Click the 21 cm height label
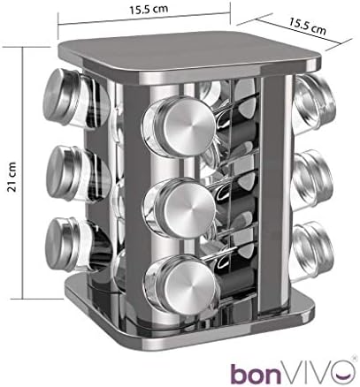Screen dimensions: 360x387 11,177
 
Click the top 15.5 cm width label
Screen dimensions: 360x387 149,9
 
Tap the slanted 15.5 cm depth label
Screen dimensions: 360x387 307,26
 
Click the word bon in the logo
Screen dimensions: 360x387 256,372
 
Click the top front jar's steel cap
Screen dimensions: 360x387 188,126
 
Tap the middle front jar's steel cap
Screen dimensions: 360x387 189,208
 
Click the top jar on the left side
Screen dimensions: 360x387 76,99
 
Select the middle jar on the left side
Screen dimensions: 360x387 78,174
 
